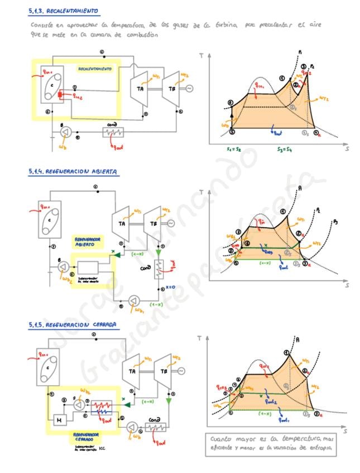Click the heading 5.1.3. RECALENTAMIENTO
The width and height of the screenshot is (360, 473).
[64, 11]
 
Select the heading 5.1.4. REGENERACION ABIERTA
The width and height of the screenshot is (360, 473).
[72, 171]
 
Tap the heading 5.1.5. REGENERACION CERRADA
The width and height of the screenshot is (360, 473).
[72, 324]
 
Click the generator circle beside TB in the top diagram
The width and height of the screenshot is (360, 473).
[181, 88]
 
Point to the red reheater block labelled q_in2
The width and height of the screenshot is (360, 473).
[60, 94]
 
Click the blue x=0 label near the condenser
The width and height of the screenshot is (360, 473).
[171, 288]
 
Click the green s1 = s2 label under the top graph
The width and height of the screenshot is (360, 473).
[233, 149]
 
